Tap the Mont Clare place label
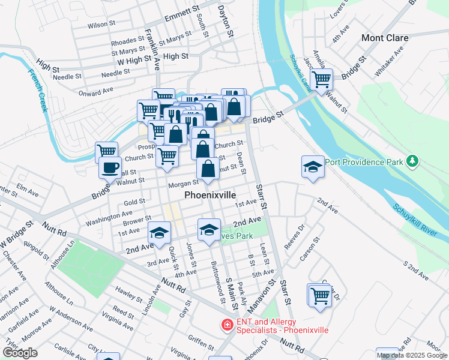click(x=385, y=38)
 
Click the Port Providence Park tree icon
click(x=412, y=161)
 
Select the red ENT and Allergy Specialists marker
click(x=228, y=325)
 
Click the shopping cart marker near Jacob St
click(x=322, y=79)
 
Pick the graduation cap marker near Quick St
click(x=160, y=233)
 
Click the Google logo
click(x=20, y=353)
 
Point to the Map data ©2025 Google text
click(x=412, y=355)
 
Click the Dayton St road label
click(x=224, y=22)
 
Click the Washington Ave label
click(x=109, y=217)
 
